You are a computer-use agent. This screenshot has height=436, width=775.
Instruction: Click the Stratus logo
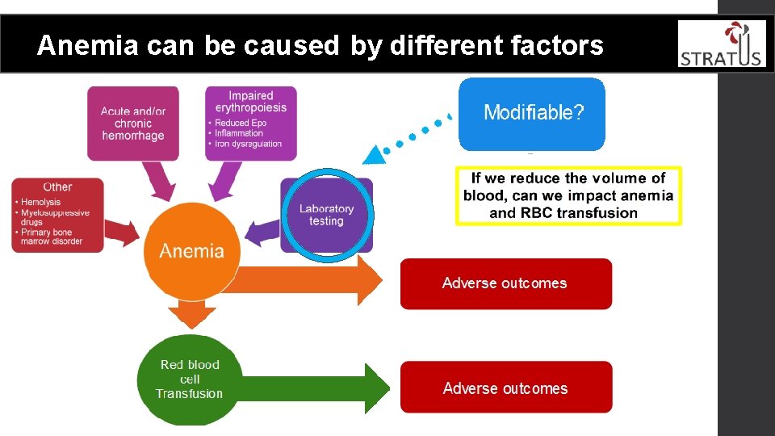pos(721,44)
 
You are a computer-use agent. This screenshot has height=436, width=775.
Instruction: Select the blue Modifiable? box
pos(532,113)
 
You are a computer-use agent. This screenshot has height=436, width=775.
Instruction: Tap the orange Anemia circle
pos(191,250)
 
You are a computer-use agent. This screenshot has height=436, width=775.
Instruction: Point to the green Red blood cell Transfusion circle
pos(190,379)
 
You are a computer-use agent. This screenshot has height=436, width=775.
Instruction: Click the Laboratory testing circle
pos(327,215)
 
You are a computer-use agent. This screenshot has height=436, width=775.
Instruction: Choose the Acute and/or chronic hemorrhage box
pos(133,124)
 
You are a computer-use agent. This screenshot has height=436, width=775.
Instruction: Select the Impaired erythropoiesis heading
pos(251,102)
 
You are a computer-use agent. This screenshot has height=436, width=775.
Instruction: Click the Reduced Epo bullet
pos(240,123)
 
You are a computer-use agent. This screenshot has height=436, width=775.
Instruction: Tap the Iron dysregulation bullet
pos(248,144)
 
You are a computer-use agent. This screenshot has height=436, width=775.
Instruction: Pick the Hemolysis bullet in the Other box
pos(40,203)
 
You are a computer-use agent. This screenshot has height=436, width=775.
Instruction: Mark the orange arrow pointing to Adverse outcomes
pos(307,280)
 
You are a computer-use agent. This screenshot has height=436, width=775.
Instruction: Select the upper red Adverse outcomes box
pos(505,283)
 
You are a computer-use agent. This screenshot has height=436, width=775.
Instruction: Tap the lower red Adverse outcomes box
pos(505,388)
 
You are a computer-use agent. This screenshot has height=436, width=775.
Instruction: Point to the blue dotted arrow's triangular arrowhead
pos(375,153)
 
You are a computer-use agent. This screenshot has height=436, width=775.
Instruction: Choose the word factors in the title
pos(557,46)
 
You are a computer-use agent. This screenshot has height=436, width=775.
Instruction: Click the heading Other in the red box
pos(57,187)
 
